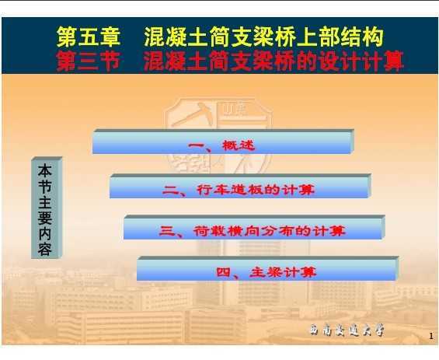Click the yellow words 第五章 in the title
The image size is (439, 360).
pos(89,37)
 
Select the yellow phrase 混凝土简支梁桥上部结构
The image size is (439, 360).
pos(263,37)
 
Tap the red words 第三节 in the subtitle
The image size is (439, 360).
pos(89,61)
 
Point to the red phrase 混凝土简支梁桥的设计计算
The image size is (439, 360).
pos(274,61)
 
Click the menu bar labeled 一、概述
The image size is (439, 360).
pos(223,142)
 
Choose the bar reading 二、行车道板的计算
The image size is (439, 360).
pos(241,187)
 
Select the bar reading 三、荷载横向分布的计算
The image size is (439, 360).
pos(254,228)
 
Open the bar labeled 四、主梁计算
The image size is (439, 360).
pos(267,269)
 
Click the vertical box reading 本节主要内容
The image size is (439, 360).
pos(47,208)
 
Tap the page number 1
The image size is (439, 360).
pos(431,336)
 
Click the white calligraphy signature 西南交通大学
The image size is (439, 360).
pos(347,330)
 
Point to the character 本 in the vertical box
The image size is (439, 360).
pos(45,170)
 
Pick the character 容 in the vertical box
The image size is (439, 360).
pos(45,250)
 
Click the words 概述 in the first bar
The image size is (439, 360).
pos(239,145)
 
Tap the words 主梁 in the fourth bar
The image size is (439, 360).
pos(266,272)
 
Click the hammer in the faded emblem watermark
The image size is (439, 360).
pos(194,114)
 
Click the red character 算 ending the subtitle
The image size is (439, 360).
pos(393,61)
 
